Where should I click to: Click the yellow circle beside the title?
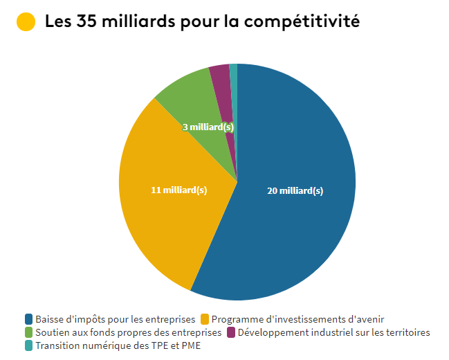tap(25, 21)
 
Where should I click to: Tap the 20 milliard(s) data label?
tap(295, 191)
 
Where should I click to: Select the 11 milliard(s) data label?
tap(178, 190)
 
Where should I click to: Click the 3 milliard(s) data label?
tap(208, 127)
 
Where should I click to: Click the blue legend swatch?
tap(28, 319)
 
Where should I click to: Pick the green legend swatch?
tap(28, 332)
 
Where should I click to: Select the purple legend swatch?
tap(231, 332)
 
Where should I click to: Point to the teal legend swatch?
tap(28, 345)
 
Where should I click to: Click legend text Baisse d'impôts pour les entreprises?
tap(115, 319)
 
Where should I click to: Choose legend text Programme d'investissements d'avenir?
tap(297, 319)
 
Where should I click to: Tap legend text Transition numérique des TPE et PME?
tap(118, 345)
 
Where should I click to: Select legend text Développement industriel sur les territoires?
tap(333, 332)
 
